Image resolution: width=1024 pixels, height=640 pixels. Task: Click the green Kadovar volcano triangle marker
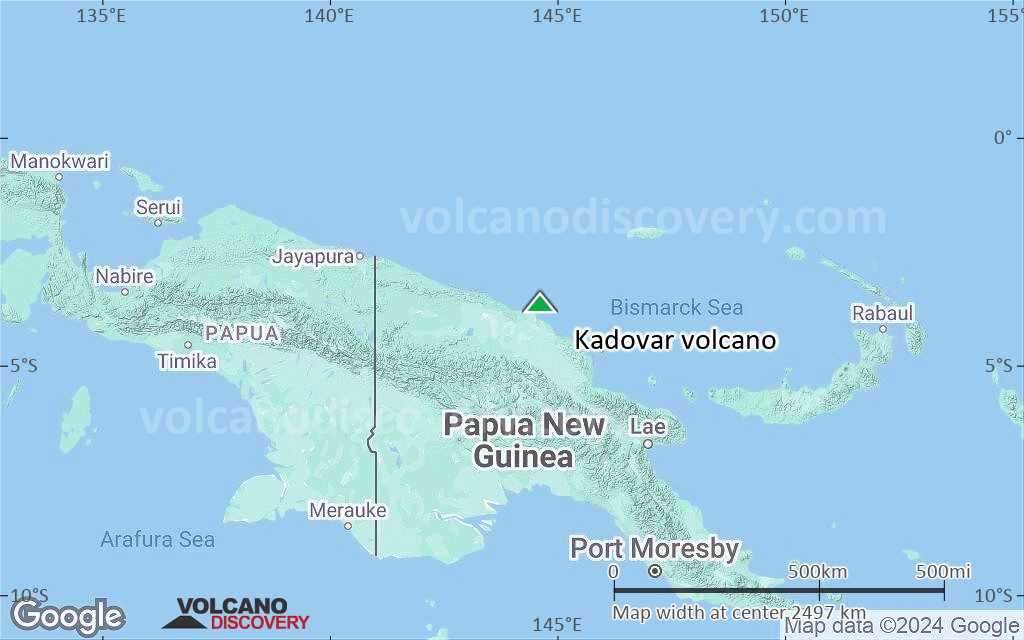(x=539, y=302)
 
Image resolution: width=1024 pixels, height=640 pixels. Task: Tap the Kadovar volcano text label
(x=675, y=340)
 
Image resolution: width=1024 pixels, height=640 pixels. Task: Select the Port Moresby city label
(x=654, y=548)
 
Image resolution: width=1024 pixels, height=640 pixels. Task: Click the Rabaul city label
(x=883, y=313)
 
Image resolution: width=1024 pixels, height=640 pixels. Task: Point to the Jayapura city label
(x=313, y=256)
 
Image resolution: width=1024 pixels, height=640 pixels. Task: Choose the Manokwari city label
(x=59, y=161)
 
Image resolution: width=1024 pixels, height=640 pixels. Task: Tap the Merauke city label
(x=347, y=510)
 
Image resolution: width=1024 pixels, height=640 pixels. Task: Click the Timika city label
(x=187, y=361)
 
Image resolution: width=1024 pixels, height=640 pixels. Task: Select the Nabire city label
(x=124, y=276)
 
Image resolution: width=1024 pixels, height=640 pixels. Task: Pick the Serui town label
(x=158, y=207)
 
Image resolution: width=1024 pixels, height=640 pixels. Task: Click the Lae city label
(x=647, y=427)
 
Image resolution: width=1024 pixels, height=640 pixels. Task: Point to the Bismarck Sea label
(x=677, y=308)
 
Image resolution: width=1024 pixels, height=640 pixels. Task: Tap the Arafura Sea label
(x=157, y=540)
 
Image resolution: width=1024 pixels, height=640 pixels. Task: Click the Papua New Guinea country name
(x=524, y=440)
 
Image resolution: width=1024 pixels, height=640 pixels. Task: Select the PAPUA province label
(x=241, y=333)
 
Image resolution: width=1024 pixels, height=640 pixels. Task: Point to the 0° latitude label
(x=1003, y=137)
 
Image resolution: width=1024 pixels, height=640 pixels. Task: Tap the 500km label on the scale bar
(x=818, y=571)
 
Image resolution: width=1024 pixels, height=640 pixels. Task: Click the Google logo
(x=67, y=616)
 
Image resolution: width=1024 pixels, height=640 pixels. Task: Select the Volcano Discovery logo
(x=237, y=614)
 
